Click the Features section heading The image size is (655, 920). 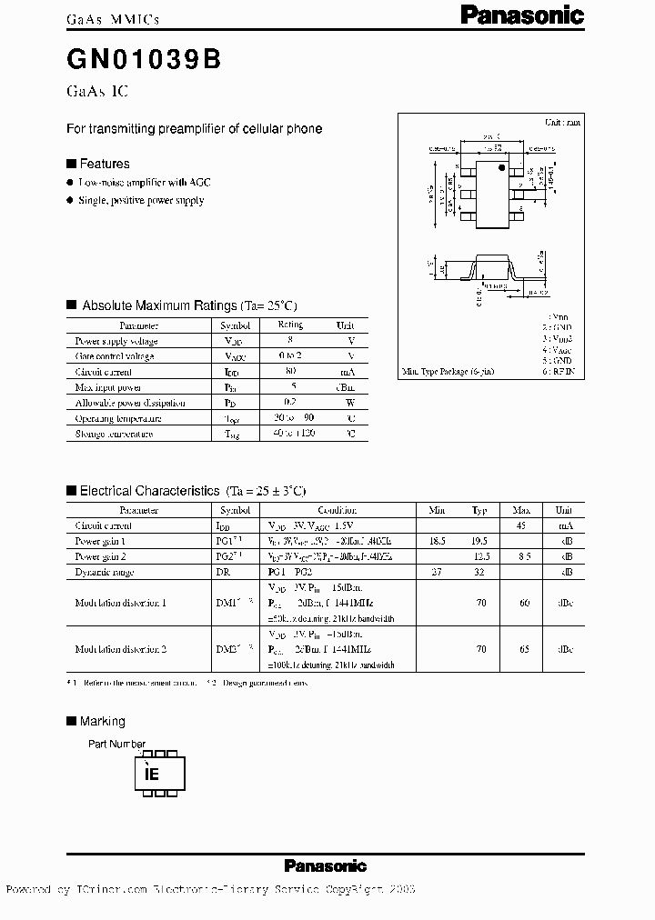click(x=105, y=164)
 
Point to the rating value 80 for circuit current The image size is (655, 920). click(x=291, y=372)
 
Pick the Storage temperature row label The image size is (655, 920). click(x=114, y=434)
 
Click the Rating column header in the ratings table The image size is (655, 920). click(x=290, y=325)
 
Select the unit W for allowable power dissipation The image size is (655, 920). click(x=350, y=403)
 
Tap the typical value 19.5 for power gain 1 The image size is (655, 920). click(x=480, y=540)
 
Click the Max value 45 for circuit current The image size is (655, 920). click(x=522, y=525)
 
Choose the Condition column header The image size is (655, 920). click(x=338, y=511)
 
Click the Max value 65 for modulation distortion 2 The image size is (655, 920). click(x=522, y=650)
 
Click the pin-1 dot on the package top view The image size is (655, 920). click(x=500, y=166)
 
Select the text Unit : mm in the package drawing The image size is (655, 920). click(x=561, y=122)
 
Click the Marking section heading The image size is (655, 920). click(x=102, y=721)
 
